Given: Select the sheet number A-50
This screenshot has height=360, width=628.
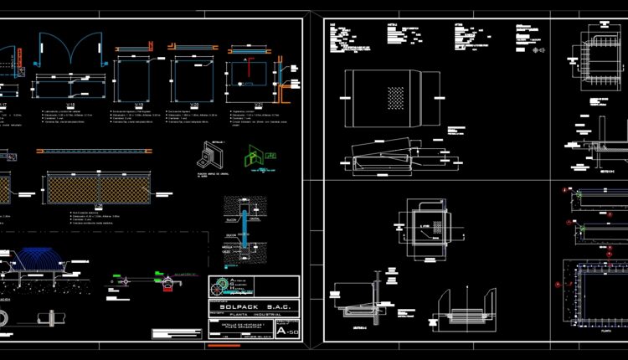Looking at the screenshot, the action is point(289,332).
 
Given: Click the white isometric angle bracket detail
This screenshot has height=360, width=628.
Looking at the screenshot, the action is point(206,154).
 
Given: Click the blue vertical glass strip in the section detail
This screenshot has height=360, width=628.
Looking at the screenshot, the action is point(244,227).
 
